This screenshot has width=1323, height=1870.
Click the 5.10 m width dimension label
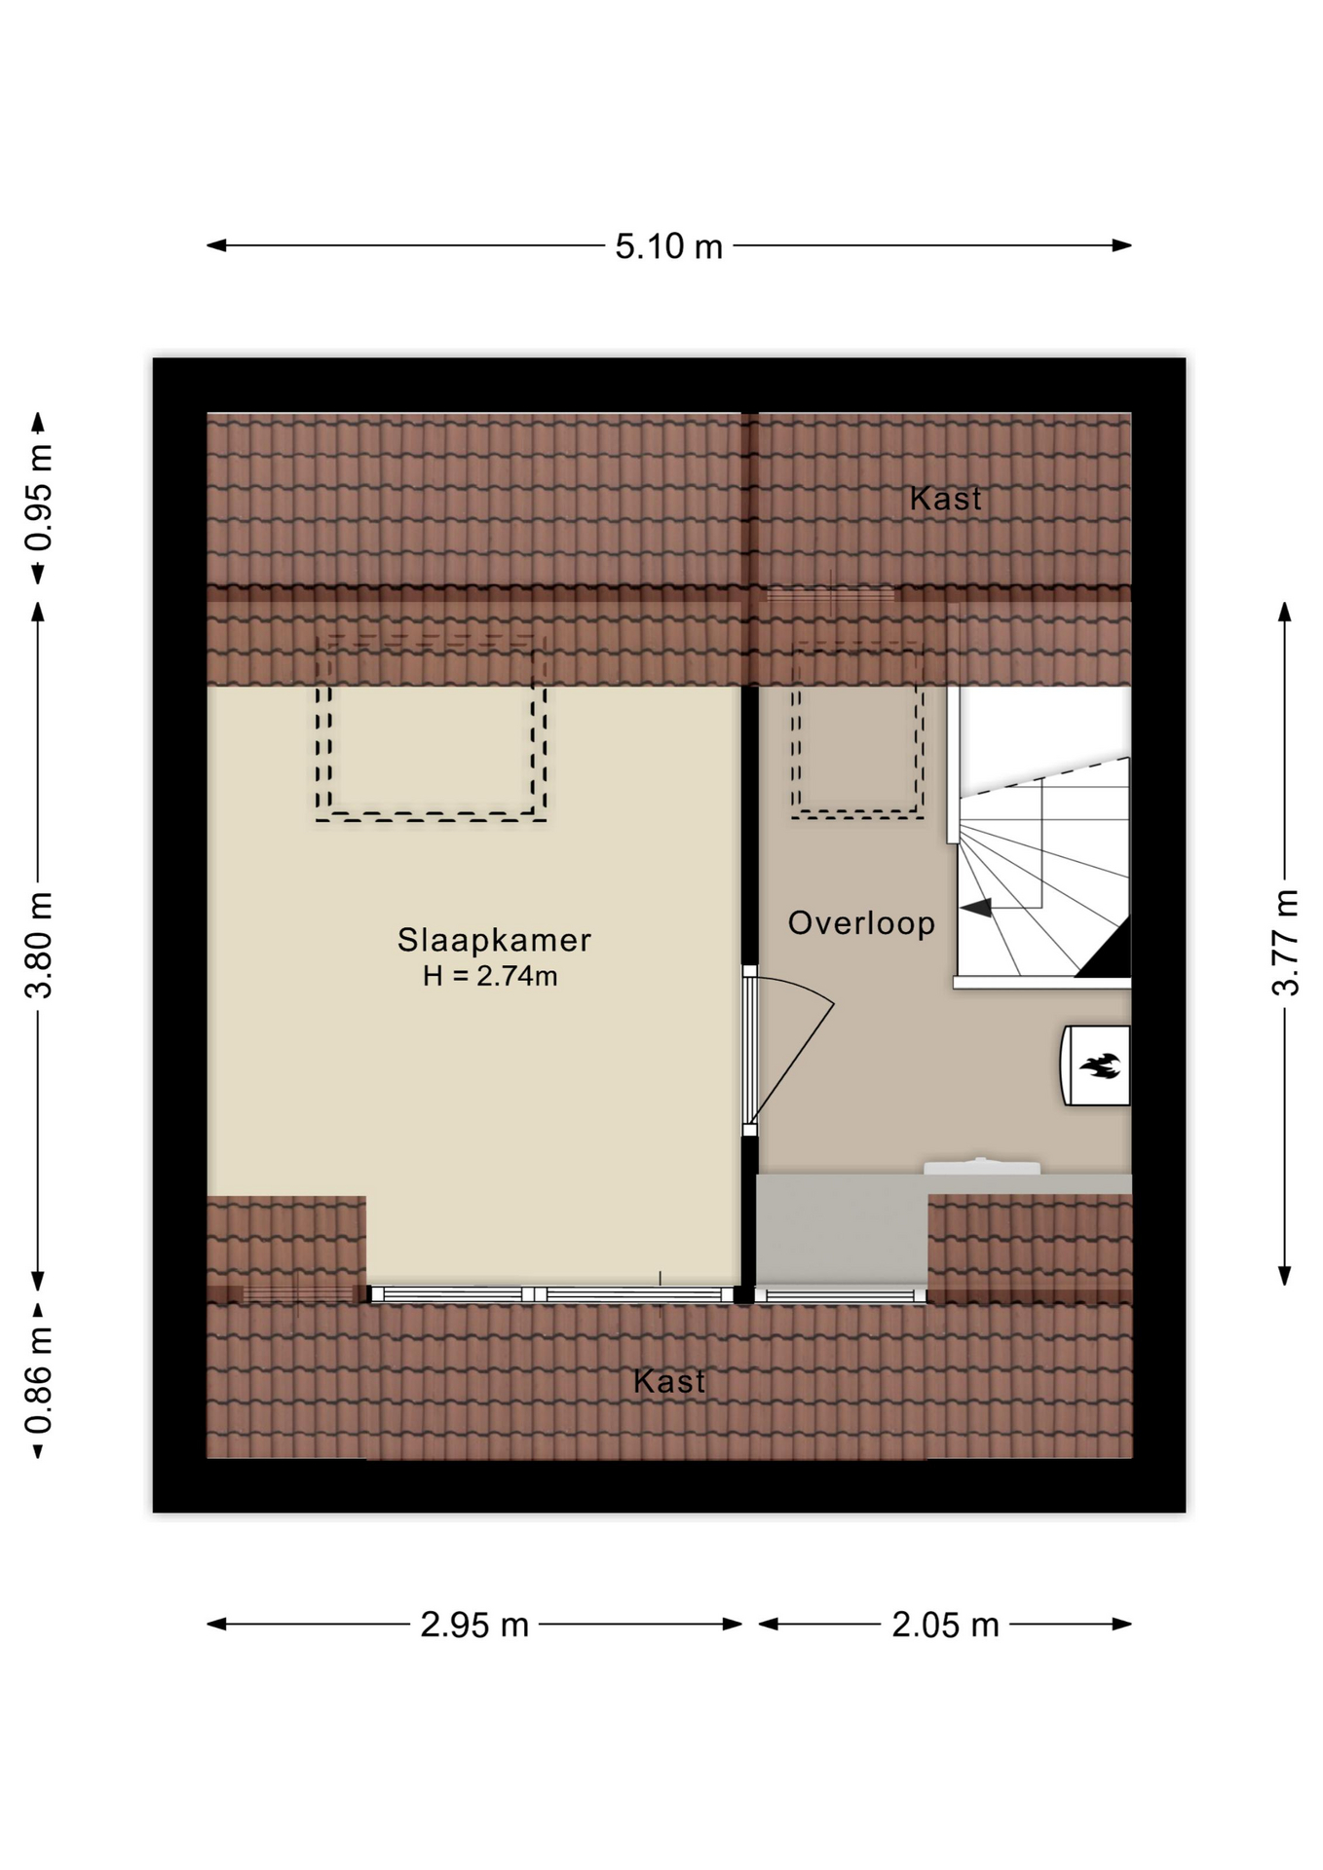(668, 246)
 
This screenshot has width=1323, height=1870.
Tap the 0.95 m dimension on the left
(39, 498)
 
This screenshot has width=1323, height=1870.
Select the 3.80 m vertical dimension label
(39, 945)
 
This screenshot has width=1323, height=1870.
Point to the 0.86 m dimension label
(39, 1381)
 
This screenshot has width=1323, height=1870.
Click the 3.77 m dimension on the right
(1285, 942)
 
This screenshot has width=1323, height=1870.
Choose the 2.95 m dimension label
(474, 1625)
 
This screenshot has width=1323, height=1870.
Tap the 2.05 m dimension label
(945, 1625)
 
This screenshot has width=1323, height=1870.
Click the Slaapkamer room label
(494, 940)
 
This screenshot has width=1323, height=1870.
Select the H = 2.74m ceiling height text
(490, 976)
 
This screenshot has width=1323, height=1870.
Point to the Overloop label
(861, 922)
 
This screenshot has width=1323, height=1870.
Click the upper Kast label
(945, 499)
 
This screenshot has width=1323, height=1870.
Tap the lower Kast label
(669, 1381)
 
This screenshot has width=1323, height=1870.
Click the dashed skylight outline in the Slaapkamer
(430, 816)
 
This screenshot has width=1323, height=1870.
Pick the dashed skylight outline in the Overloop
(857, 814)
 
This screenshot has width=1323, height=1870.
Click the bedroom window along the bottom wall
(551, 1294)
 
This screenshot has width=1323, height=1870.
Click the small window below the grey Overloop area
(840, 1295)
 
